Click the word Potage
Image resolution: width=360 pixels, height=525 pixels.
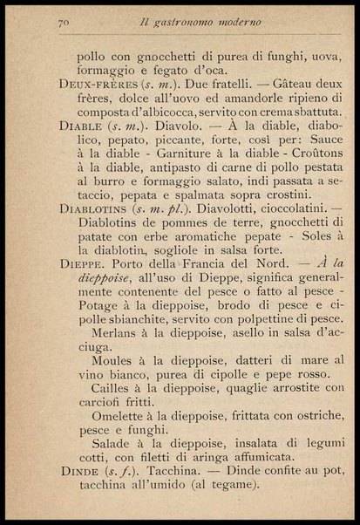[x=99, y=312]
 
